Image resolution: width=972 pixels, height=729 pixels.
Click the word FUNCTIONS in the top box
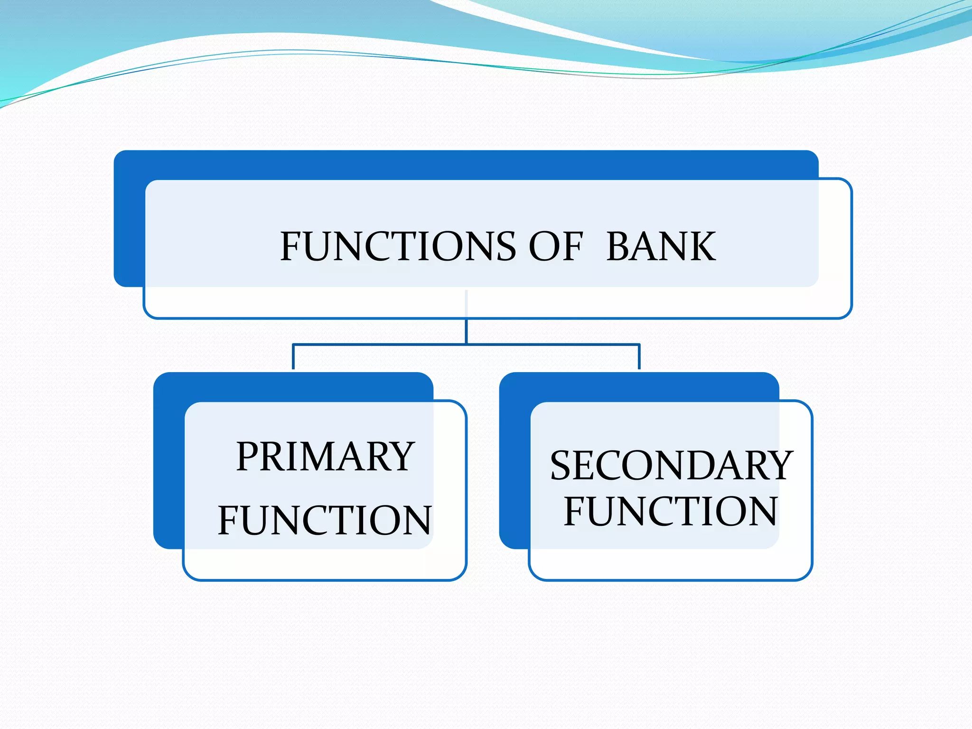398,246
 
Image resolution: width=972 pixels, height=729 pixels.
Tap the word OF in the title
555,246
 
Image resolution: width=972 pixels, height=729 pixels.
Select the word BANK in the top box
661,246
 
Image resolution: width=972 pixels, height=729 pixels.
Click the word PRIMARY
325,457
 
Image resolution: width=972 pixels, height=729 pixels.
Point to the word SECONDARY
671,466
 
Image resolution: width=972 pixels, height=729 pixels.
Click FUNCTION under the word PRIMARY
325,521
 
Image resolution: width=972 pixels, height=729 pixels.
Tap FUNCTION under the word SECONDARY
671,511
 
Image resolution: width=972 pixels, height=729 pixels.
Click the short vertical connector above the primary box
293,357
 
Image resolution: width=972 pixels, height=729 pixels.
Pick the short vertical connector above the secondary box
639,357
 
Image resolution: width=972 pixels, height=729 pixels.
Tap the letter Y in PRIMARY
400,457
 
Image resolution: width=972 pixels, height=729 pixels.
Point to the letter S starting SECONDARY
562,466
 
